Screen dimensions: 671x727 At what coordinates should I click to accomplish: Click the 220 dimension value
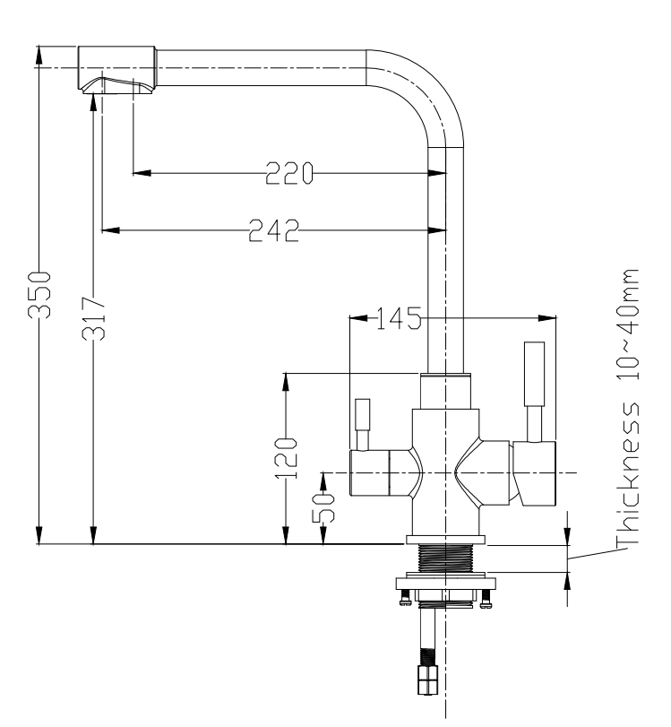click(x=289, y=173)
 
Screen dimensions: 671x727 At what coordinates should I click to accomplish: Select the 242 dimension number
click(x=274, y=230)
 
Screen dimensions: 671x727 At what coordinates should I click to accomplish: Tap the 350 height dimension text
click(x=39, y=295)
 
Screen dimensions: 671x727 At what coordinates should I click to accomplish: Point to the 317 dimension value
click(x=93, y=318)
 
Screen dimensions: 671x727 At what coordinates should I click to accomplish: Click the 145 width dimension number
click(x=398, y=318)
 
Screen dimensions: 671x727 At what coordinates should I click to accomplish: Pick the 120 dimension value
click(x=286, y=457)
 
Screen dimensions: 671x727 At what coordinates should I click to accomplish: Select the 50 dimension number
click(x=323, y=507)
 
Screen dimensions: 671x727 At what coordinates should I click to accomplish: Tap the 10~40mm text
click(x=628, y=325)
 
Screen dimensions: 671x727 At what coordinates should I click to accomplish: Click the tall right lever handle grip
click(x=534, y=374)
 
